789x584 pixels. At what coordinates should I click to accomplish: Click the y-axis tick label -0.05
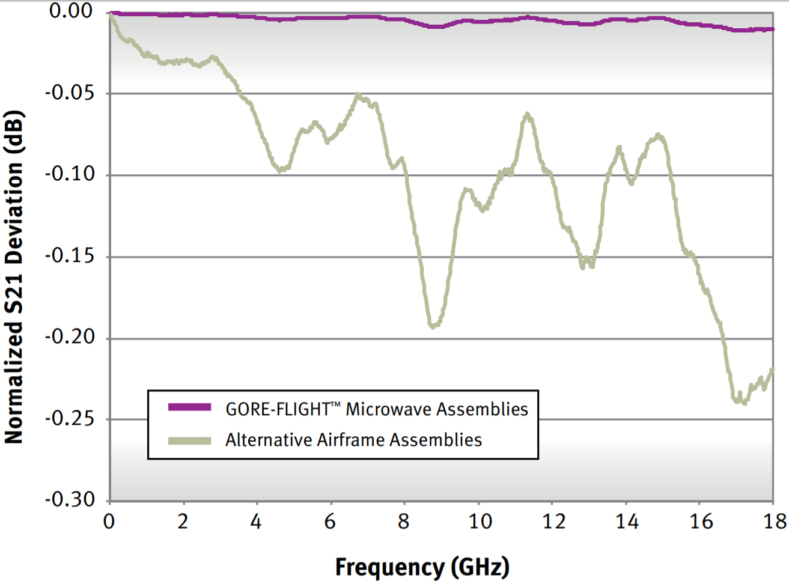(x=70, y=93)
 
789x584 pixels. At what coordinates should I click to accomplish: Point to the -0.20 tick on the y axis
(x=70, y=337)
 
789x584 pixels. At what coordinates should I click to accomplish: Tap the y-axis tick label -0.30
(x=70, y=499)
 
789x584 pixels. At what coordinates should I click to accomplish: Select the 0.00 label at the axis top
(x=71, y=11)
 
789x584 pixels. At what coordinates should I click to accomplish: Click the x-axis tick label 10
(x=480, y=522)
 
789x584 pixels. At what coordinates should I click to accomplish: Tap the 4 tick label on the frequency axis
(x=257, y=522)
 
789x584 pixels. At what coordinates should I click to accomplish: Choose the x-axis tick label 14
(x=626, y=522)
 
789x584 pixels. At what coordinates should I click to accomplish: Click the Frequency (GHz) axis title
(x=422, y=567)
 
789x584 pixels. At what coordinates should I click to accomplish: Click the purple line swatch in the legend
(x=189, y=407)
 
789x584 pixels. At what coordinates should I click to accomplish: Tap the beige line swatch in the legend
(x=189, y=440)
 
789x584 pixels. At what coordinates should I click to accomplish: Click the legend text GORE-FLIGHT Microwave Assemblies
(x=376, y=409)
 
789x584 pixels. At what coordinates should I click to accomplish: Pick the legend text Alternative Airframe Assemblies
(x=353, y=440)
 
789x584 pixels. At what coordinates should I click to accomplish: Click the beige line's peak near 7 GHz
(x=358, y=95)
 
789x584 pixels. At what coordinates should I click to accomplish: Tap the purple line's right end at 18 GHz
(x=772, y=29)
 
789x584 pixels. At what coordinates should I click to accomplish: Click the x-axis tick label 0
(x=109, y=522)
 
